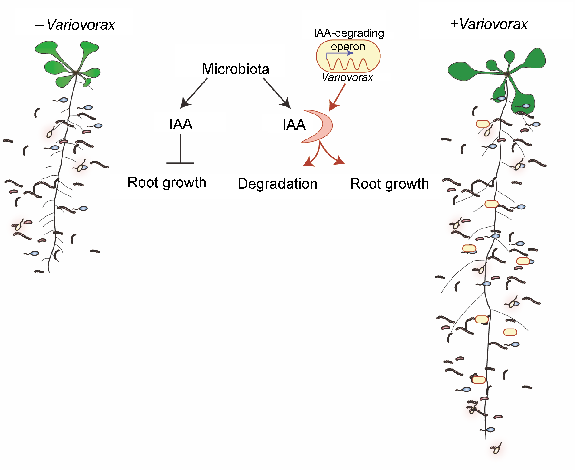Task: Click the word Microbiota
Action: pos(235,69)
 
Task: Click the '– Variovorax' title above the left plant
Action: pos(75,25)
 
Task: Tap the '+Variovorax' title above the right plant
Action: pos(489,24)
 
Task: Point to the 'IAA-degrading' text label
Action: pos(349,33)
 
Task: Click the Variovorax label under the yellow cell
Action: pos(347,78)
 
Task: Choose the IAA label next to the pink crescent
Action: pos(294,125)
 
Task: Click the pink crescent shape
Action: pos(323,126)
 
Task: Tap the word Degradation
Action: pos(277,184)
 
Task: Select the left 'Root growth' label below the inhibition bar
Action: pos(167,182)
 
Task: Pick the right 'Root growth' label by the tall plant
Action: pos(389,184)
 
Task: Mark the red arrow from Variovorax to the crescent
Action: pos(337,97)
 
